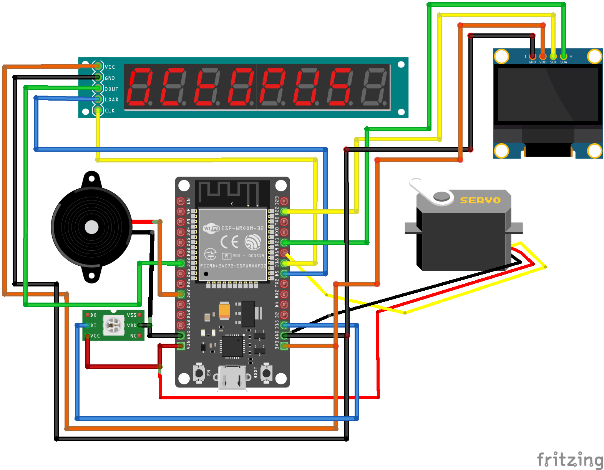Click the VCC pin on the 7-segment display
[x=98, y=66]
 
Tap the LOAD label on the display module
[x=112, y=99]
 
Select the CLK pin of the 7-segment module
[x=98, y=111]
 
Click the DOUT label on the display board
[x=112, y=89]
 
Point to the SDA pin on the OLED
[x=563, y=56]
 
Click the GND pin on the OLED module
[x=532, y=56]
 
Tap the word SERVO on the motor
[x=480, y=200]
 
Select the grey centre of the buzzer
[x=91, y=227]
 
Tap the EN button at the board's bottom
[x=199, y=373]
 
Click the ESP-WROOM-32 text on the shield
[x=242, y=228]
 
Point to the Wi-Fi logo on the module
[x=211, y=228]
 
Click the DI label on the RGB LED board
[x=93, y=325]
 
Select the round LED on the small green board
[x=114, y=325]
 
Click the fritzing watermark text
[x=570, y=459]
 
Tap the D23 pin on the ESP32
[x=284, y=201]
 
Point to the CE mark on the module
[x=229, y=242]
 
